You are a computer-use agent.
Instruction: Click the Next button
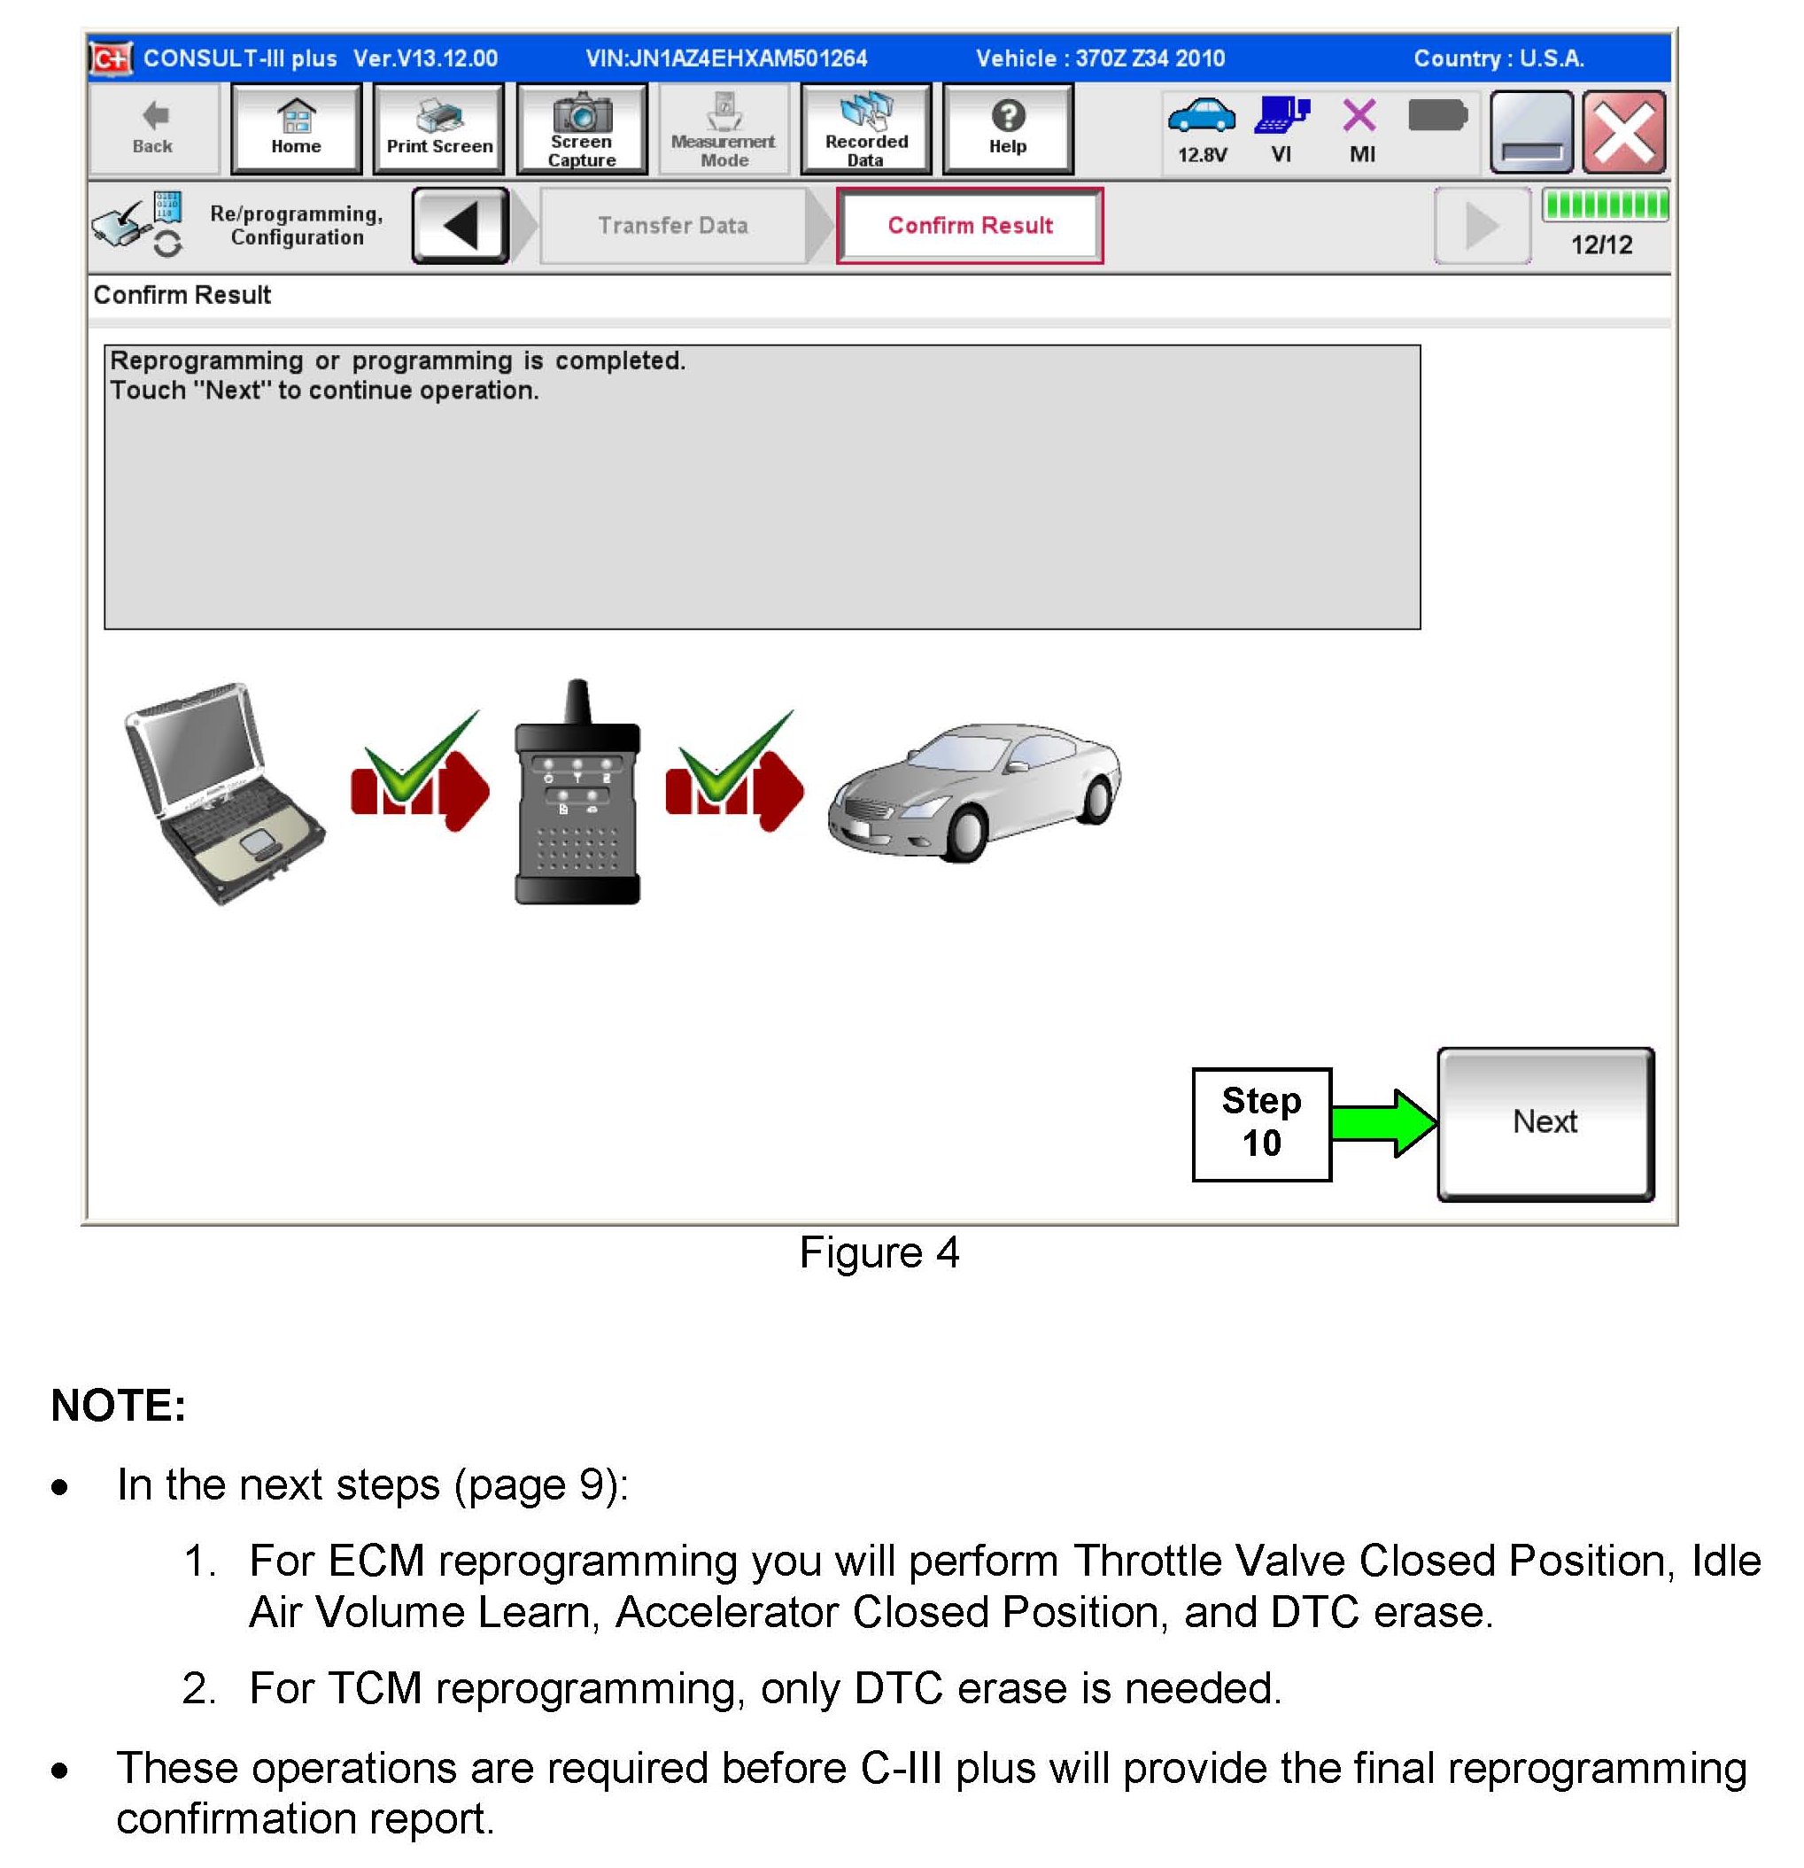(x=1545, y=1123)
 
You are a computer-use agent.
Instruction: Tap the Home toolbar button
(x=296, y=128)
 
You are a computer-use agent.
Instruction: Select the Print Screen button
(x=438, y=128)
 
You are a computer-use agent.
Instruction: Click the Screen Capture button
(x=581, y=128)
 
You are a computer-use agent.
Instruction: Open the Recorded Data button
(x=865, y=128)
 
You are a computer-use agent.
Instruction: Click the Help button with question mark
(x=1007, y=128)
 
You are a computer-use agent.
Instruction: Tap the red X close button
(x=1624, y=131)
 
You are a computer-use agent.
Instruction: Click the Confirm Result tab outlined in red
(x=969, y=225)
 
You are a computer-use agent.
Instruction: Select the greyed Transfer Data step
(x=673, y=225)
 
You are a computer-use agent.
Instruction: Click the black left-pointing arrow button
(x=461, y=225)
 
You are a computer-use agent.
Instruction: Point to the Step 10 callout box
(x=1261, y=1123)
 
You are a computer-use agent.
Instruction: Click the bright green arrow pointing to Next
(x=1382, y=1123)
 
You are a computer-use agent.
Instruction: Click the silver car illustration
(x=974, y=791)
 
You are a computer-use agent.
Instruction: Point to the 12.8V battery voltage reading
(x=1202, y=154)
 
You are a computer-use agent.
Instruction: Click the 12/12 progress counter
(x=1601, y=245)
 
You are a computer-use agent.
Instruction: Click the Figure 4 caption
(x=879, y=1252)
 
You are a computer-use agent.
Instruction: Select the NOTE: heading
(x=118, y=1405)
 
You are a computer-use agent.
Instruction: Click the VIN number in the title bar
(x=726, y=58)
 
